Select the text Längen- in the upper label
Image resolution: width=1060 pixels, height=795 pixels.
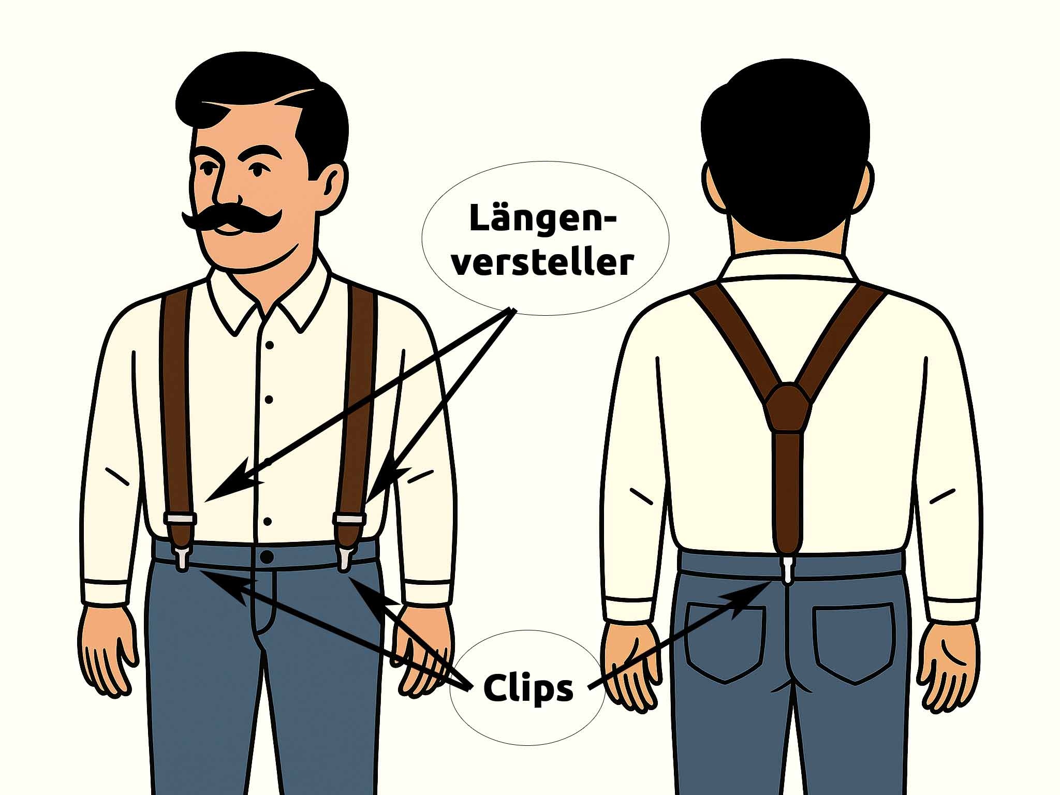(543, 218)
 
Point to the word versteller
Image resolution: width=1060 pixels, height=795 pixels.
(543, 262)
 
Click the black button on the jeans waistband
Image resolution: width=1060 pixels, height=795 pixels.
(267, 557)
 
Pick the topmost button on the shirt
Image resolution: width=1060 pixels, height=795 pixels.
(269, 344)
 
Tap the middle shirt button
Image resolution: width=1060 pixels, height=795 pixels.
(269, 399)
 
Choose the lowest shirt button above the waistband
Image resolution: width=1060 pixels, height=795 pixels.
(268, 521)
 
